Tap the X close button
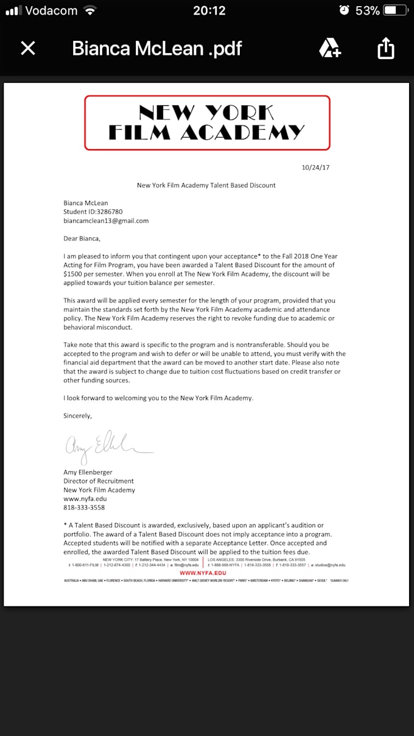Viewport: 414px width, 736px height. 28,49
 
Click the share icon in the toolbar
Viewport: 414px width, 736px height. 386,49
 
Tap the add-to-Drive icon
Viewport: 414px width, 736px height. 330,48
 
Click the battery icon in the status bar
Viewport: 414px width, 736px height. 396,10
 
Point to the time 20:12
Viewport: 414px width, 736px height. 209,10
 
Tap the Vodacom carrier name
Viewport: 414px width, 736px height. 52,10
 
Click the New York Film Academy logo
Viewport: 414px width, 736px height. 207,122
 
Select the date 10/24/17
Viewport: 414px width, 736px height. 315,167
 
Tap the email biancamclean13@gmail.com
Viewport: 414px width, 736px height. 106,220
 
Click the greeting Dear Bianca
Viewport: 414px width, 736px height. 82,238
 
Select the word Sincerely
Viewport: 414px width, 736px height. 78,416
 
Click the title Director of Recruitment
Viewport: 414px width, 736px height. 99,481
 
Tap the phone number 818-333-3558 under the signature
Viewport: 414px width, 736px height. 84,507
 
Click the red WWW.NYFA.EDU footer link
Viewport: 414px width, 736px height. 204,573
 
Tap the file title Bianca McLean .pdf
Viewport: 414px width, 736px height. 157,49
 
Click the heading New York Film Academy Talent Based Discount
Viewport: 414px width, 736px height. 206,185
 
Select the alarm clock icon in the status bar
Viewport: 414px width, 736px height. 344,10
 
